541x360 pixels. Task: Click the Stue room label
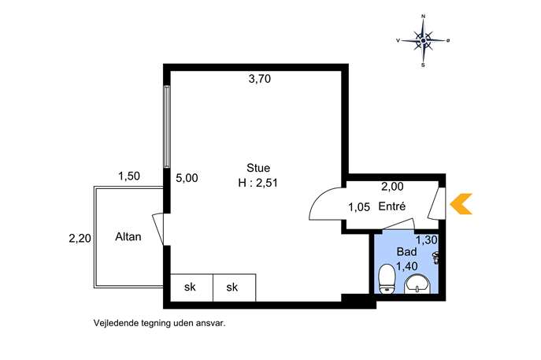(x=258, y=168)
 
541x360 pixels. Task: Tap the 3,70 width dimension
(x=259, y=79)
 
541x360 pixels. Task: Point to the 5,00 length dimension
(x=187, y=178)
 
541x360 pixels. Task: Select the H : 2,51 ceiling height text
(x=258, y=182)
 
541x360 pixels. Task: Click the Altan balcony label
(x=128, y=237)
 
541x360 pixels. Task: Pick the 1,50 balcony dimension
(x=129, y=176)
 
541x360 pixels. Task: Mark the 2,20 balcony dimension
(x=80, y=238)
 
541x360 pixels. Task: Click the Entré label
(x=392, y=206)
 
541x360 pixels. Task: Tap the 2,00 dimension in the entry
(x=392, y=187)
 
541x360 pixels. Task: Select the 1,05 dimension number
(x=359, y=207)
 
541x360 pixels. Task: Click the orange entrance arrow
(x=461, y=204)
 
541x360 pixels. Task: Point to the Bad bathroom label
(x=406, y=251)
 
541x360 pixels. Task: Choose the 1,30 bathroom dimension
(x=427, y=240)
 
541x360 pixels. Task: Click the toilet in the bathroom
(x=387, y=279)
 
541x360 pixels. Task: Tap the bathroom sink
(x=417, y=284)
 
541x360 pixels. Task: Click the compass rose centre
(x=424, y=41)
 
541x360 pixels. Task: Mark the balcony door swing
(x=157, y=229)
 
